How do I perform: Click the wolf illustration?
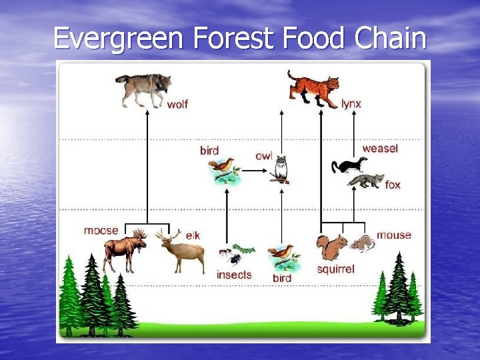[143, 90]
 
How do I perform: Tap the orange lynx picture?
[313, 88]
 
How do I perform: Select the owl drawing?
[281, 169]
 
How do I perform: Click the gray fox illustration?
[366, 181]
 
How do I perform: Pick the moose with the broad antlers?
[125, 251]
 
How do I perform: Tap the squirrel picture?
[331, 247]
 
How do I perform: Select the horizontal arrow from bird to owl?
[255, 171]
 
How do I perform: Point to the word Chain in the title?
[390, 38]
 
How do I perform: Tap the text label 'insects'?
[234, 275]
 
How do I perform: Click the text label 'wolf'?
[177, 105]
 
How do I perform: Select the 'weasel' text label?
[379, 148]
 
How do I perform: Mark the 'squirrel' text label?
[335, 269]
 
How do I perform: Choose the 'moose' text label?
[101, 231]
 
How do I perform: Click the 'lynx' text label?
[351, 104]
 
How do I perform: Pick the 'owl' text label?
[264, 155]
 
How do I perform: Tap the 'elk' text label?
[193, 235]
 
